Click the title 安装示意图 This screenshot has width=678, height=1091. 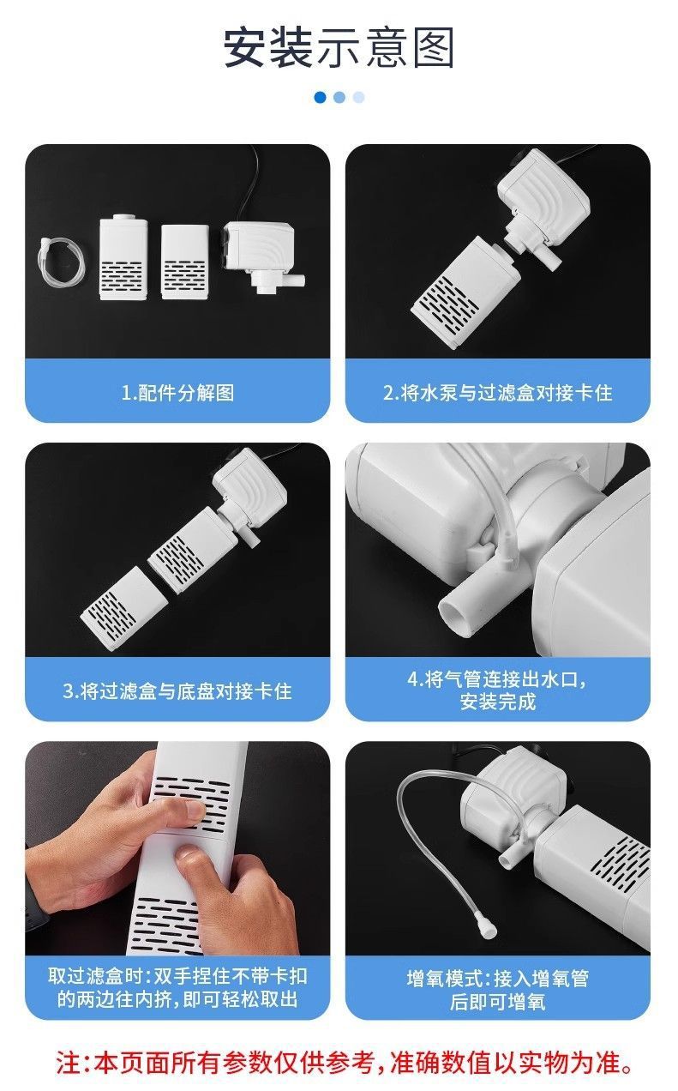click(339, 48)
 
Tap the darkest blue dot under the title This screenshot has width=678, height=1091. click(320, 97)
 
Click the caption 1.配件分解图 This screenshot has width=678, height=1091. click(177, 393)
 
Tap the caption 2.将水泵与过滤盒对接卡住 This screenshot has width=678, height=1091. click(497, 393)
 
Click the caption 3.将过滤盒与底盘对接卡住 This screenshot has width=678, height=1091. click(177, 690)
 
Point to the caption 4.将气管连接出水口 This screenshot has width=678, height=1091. click(497, 679)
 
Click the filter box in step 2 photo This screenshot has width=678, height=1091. click(451, 292)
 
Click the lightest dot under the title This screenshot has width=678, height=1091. click(358, 97)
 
